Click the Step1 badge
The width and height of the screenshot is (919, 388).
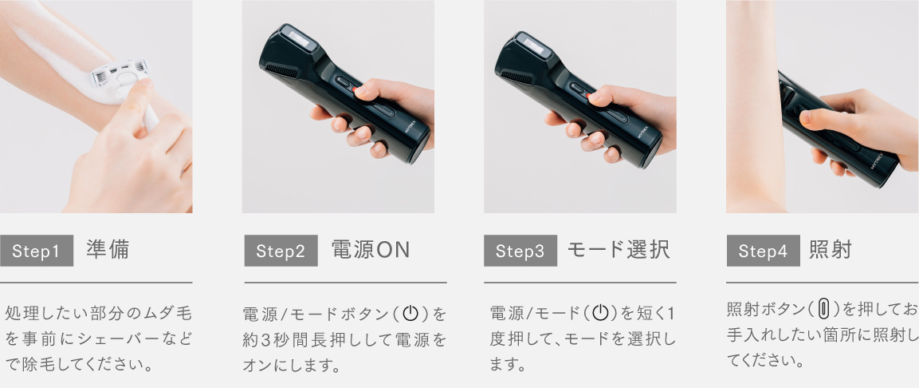click(37, 251)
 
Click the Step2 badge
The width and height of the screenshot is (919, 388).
click(281, 251)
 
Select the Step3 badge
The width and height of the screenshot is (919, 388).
click(520, 251)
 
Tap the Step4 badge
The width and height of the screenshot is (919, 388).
click(763, 251)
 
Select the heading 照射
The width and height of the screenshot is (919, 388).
click(831, 251)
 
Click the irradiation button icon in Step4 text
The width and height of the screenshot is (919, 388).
click(824, 309)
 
